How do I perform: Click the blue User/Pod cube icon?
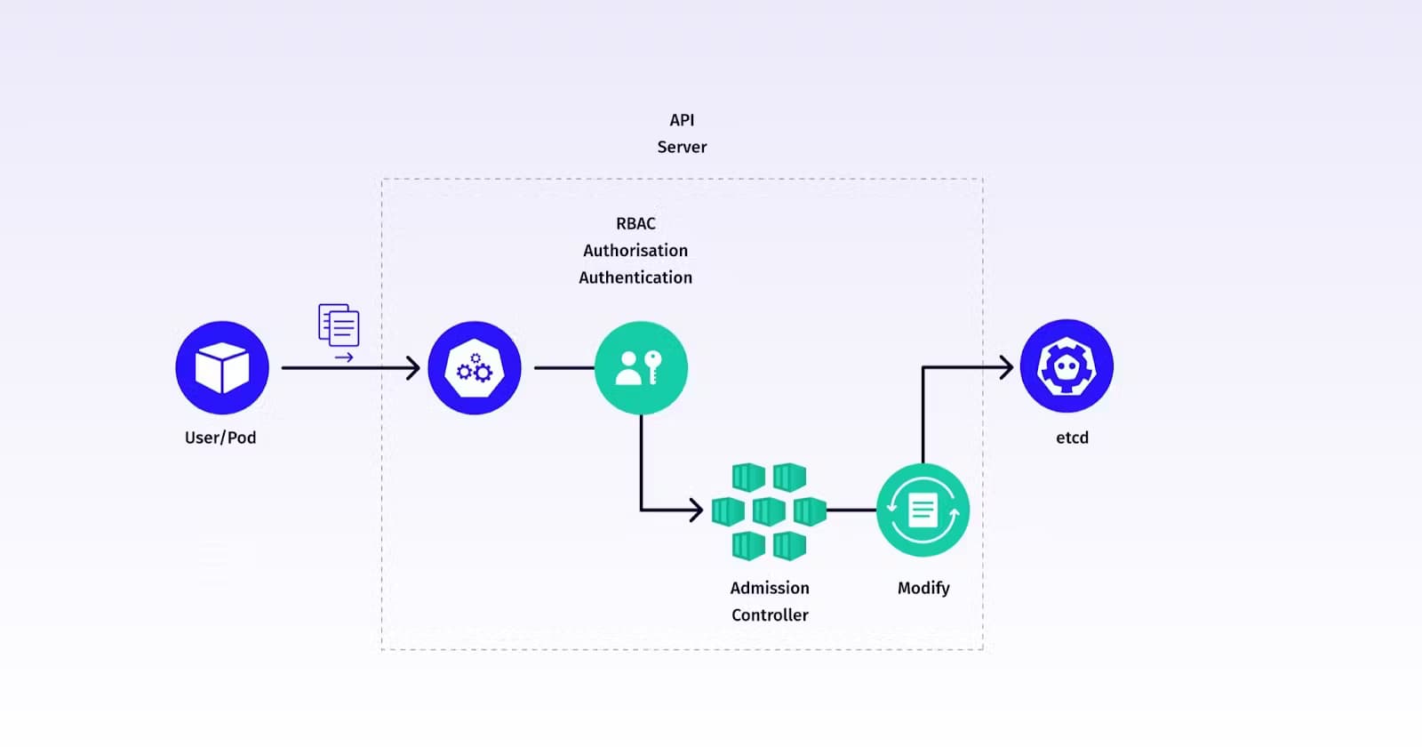click(222, 367)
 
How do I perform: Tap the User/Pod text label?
click(220, 438)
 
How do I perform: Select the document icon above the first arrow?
click(339, 325)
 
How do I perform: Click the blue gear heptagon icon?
click(475, 367)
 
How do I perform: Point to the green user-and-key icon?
click(641, 367)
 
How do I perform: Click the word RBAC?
click(635, 224)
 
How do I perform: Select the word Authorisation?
click(635, 251)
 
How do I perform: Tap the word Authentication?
click(635, 277)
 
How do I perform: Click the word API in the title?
click(682, 120)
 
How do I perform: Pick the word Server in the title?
click(682, 147)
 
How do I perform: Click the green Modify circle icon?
click(923, 510)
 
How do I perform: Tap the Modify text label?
click(923, 588)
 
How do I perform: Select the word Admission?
click(770, 588)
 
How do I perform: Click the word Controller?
click(770, 614)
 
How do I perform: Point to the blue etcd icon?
click(1066, 366)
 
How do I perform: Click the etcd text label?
click(1072, 438)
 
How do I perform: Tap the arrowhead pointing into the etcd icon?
click(1007, 367)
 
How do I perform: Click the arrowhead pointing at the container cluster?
click(697, 510)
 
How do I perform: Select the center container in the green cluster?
click(769, 511)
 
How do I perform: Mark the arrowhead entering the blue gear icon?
click(413, 367)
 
